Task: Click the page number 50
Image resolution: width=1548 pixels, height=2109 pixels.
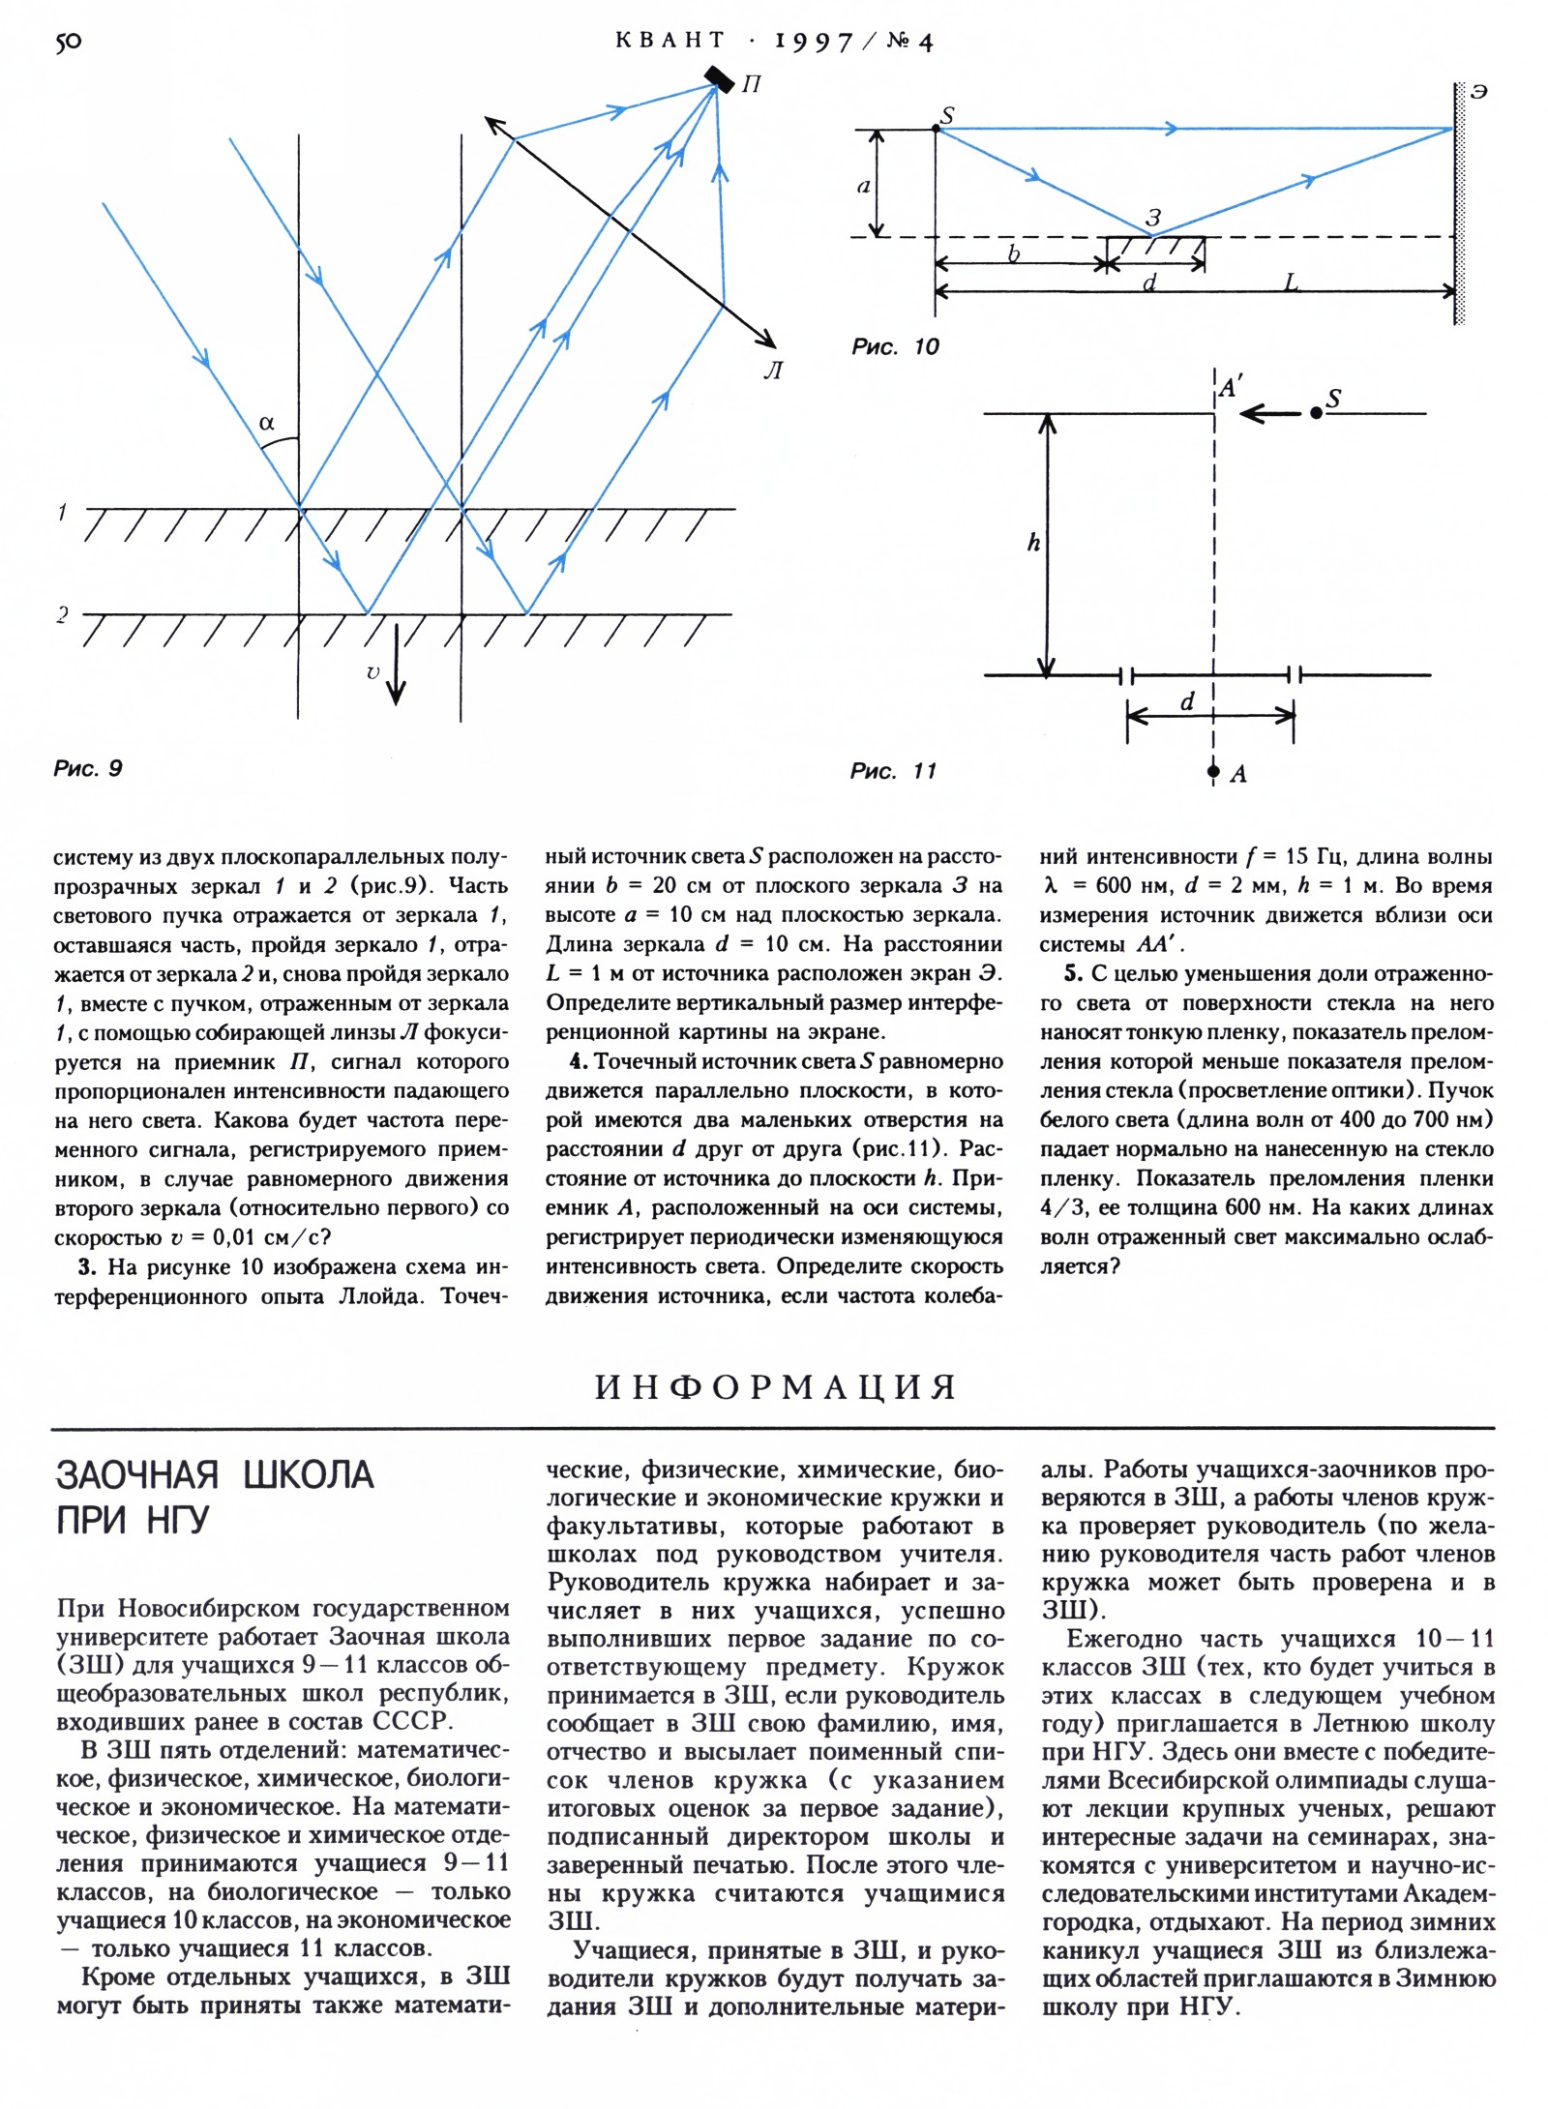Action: [x=69, y=42]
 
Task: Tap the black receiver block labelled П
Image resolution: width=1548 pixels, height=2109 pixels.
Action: [x=719, y=77]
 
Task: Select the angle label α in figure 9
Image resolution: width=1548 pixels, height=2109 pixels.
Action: [x=267, y=423]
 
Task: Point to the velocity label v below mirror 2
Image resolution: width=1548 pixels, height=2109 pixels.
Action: [x=373, y=671]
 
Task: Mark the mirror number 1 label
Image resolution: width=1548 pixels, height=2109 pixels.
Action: [x=62, y=512]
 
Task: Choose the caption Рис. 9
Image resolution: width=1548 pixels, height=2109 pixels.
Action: [x=88, y=768]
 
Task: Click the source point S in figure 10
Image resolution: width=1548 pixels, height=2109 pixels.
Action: [x=936, y=128]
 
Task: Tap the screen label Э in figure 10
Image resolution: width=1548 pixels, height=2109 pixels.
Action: [x=1477, y=92]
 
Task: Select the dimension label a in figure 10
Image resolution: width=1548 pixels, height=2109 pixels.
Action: [x=864, y=186]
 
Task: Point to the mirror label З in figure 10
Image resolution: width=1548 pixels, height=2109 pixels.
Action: [x=1152, y=220]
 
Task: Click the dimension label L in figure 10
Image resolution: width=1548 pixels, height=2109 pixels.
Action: [x=1291, y=282]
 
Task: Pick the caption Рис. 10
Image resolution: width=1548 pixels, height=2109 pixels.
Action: [x=895, y=346]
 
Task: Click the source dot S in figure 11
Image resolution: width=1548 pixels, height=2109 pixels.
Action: [x=1316, y=413]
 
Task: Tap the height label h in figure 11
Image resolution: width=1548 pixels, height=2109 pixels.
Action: [x=1033, y=544]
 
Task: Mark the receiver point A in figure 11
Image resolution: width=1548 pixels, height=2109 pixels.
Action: [x=1213, y=772]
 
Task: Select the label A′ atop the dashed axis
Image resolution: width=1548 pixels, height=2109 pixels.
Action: [x=1229, y=389]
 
